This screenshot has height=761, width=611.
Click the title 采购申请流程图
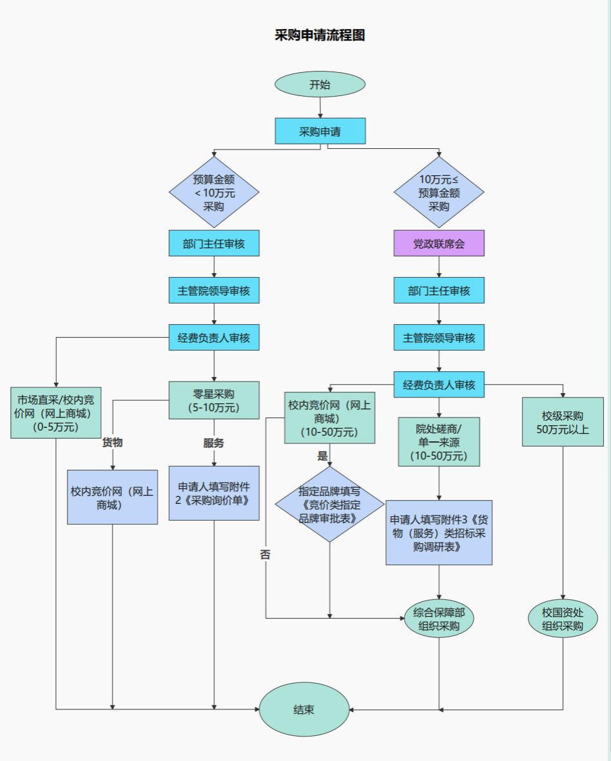[x=320, y=35]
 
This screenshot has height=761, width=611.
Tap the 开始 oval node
[x=320, y=84]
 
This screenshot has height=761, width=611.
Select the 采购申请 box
[x=320, y=131]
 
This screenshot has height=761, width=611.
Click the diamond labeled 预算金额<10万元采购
[x=214, y=192]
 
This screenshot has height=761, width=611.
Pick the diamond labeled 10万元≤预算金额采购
[x=439, y=192]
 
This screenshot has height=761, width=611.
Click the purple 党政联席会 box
[x=439, y=244]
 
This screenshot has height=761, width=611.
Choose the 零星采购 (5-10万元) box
[x=214, y=400]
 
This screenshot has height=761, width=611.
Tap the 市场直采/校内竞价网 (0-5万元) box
[x=55, y=412]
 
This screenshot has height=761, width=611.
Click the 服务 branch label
[x=214, y=443]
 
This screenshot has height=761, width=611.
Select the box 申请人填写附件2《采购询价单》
[x=214, y=493]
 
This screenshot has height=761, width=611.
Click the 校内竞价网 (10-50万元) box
[x=330, y=418]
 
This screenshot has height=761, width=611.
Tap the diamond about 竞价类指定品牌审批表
[x=329, y=505]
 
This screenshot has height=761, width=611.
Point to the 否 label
[x=266, y=554]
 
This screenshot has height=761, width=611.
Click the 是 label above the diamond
[x=322, y=456]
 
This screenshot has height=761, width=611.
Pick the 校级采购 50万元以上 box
[x=563, y=421]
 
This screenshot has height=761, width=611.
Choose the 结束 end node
[x=304, y=709]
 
